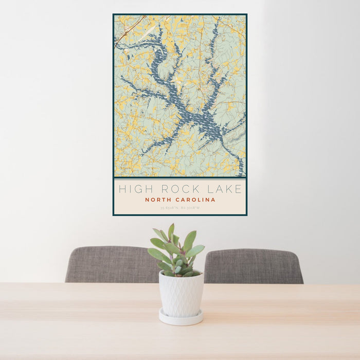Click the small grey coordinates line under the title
click(179, 208)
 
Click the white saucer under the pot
click(181, 318)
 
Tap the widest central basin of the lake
click(203, 119)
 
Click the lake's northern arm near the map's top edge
click(213, 31)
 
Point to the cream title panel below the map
click(179, 196)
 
